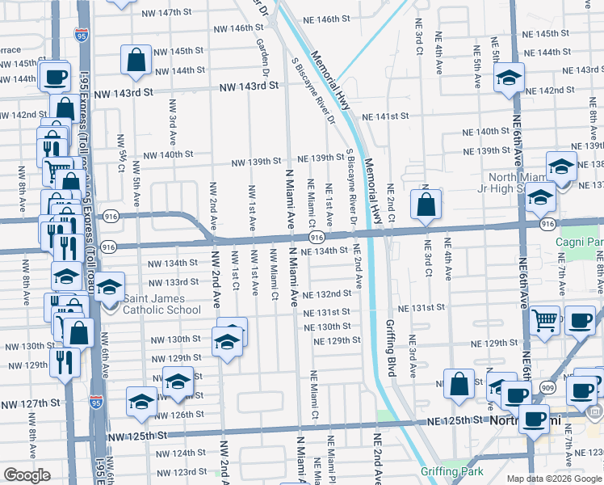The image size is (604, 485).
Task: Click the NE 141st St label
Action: pos(384,116)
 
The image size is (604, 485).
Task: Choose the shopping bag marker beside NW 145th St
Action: pos(136,59)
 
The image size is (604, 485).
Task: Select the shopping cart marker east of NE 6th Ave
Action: pos(545,320)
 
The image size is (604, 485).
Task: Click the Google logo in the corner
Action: pos(27,475)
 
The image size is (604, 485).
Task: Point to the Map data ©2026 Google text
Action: pos(553,479)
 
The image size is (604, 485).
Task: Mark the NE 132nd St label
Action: pos(327,293)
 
